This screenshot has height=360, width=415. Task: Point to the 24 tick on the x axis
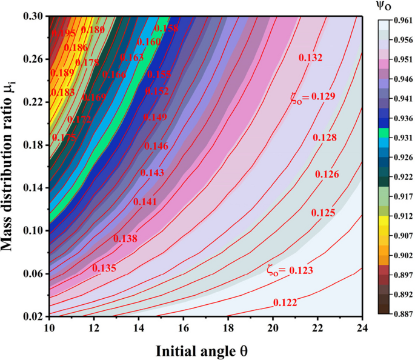(362, 327)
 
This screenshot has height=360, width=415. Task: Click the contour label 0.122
(285, 302)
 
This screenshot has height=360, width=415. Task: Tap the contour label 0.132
(310, 58)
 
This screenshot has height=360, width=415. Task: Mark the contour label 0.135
(104, 267)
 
